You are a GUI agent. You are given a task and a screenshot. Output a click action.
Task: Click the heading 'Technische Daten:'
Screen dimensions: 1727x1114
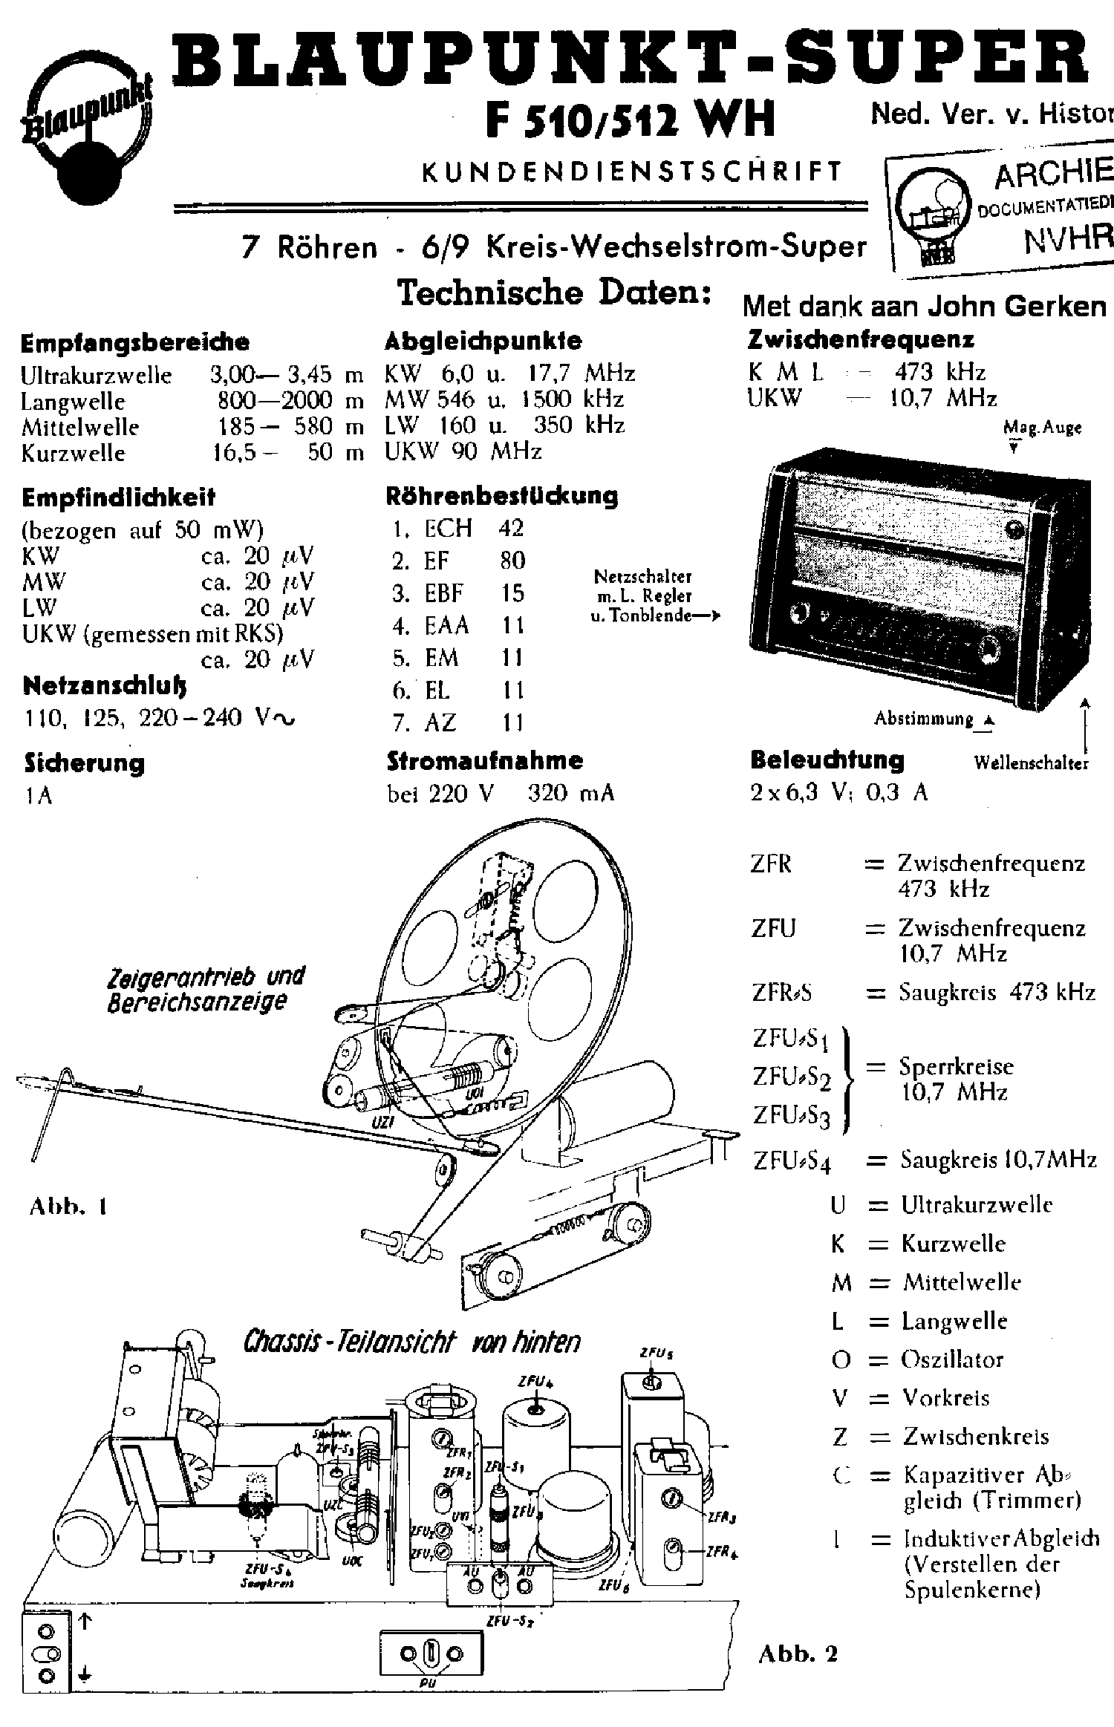(554, 293)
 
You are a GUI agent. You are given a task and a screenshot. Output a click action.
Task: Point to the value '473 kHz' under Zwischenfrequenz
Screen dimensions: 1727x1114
(940, 372)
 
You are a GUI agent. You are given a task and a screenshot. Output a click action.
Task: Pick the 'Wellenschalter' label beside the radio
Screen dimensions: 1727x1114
(1031, 763)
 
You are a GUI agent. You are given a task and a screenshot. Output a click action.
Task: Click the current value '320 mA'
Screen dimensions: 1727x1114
(570, 794)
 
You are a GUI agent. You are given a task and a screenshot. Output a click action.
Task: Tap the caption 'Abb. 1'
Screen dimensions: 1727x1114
(68, 1207)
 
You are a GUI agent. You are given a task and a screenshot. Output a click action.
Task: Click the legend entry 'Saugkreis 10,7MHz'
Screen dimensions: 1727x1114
(998, 1159)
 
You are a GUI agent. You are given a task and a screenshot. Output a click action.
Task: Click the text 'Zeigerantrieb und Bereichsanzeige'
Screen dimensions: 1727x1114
(206, 990)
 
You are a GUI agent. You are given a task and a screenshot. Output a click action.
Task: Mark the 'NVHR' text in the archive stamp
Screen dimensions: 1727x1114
(1068, 240)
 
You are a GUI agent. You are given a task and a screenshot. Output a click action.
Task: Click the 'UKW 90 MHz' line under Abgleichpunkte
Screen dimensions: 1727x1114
(463, 451)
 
